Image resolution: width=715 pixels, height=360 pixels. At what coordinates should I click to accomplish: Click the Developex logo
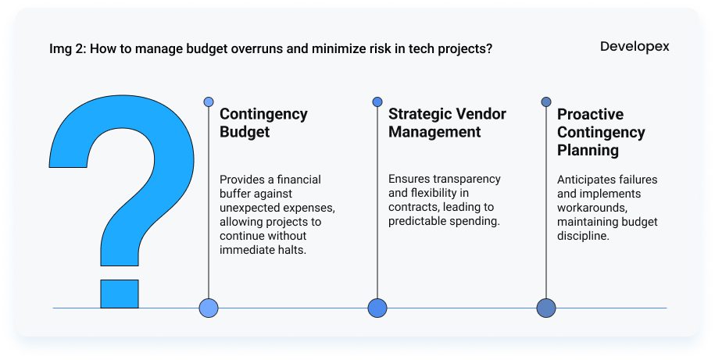tap(635, 47)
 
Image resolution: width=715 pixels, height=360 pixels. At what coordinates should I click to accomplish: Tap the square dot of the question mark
tap(120, 294)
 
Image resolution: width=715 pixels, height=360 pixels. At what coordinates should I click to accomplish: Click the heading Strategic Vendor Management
tap(447, 123)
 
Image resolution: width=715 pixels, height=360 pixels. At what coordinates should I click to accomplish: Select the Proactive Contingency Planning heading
tap(601, 132)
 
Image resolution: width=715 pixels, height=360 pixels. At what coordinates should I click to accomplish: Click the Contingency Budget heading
tap(263, 123)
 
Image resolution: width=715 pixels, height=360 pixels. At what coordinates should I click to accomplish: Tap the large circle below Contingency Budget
tap(209, 308)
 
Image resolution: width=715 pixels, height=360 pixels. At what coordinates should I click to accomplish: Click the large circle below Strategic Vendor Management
tap(377, 308)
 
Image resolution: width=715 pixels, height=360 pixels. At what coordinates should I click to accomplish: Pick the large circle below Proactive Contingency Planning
tap(546, 308)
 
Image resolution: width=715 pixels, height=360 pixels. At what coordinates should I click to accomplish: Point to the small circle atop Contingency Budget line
tap(209, 102)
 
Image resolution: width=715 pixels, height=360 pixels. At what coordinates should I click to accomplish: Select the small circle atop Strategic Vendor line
tap(377, 102)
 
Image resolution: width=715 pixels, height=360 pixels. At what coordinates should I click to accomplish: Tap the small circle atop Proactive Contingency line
tap(546, 102)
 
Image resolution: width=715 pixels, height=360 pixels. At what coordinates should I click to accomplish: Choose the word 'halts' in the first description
tap(291, 250)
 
